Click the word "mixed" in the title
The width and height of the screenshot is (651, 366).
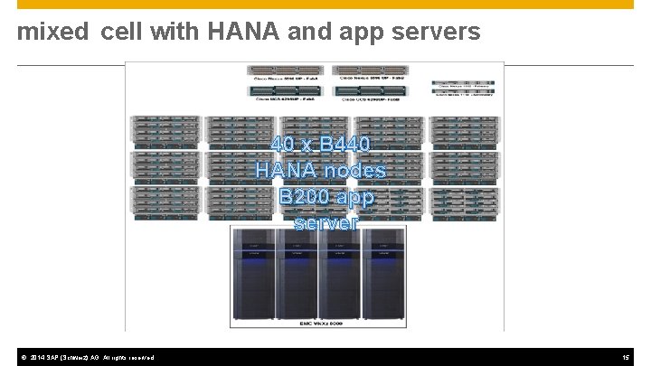click(x=53, y=33)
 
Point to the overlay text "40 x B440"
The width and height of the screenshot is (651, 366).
click(x=320, y=145)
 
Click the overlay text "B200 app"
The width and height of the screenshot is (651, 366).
click(x=326, y=196)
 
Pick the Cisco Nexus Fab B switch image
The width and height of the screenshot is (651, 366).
click(x=372, y=70)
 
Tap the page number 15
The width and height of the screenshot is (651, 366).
click(x=626, y=358)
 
